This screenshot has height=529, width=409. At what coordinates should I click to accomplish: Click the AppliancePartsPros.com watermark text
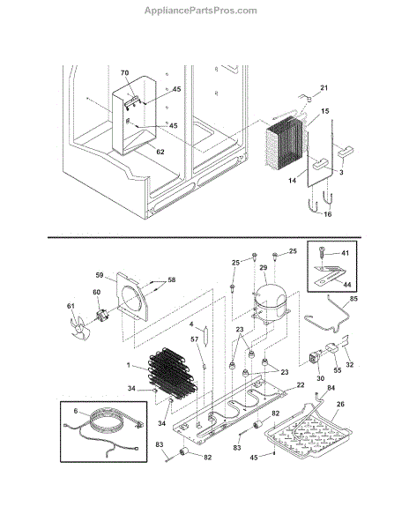coord(201,11)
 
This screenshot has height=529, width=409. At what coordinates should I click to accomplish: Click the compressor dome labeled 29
coord(270,302)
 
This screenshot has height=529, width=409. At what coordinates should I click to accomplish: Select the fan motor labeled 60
coord(100,316)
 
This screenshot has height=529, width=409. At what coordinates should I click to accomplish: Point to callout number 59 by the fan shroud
coord(100,275)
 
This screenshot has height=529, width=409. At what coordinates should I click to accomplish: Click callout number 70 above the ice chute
coord(125,72)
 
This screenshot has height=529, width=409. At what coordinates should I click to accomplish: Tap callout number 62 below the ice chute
coord(160,152)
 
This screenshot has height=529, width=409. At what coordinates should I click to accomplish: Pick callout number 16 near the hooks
coord(327,214)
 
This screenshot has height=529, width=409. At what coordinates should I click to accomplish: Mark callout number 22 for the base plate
coord(301,384)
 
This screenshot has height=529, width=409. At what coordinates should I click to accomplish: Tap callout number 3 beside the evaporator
coord(341,172)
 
